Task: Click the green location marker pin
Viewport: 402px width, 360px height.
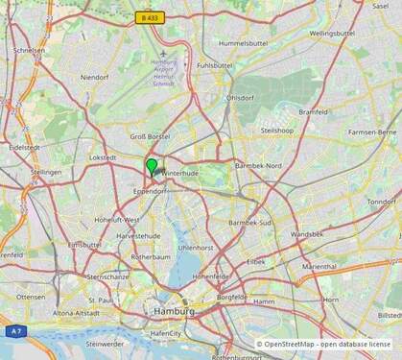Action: [x=152, y=166]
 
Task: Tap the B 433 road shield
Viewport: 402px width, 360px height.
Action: [x=149, y=17]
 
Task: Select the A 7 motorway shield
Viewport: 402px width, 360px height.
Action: [x=15, y=330]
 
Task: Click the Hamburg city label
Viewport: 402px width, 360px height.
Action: [x=174, y=313]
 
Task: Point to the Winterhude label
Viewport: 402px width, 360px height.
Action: [x=178, y=173]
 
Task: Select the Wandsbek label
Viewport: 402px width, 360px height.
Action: [x=307, y=233]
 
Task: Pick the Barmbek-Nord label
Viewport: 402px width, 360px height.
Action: [x=258, y=165]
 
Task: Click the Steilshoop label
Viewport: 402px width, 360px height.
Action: [x=276, y=130]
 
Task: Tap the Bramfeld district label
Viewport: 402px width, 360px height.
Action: [x=313, y=111]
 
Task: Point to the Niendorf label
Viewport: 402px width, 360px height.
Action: [x=95, y=77]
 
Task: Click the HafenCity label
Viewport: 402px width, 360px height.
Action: [x=165, y=333]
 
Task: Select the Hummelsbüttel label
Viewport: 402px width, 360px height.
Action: [x=241, y=43]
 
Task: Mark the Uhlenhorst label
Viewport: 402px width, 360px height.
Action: [x=195, y=247]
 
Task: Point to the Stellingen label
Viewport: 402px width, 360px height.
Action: [x=46, y=172]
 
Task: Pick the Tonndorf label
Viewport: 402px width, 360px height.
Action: [x=382, y=202]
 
